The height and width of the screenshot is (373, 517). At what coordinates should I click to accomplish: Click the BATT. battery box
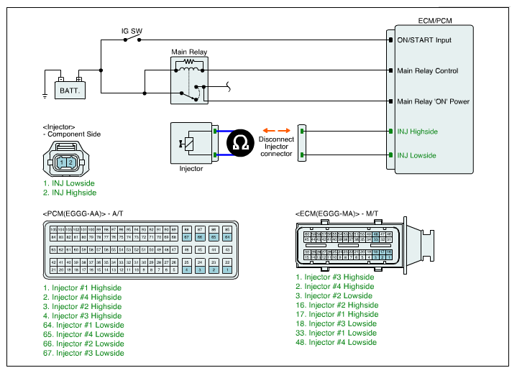coord(70,90)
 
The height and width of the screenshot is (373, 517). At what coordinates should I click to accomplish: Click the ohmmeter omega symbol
coord(239,143)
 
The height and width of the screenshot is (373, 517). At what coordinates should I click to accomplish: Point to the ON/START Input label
coord(424,40)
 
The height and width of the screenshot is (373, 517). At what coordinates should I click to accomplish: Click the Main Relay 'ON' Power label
coord(433,101)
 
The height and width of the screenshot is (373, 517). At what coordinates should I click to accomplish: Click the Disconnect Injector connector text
coord(275,147)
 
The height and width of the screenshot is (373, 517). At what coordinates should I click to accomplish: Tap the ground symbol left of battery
coord(45,93)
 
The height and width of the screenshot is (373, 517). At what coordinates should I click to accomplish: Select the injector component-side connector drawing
coord(65,161)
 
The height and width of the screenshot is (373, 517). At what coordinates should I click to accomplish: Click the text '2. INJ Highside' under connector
coord(69,193)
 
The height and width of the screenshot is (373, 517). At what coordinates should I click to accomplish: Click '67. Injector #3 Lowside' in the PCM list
coord(83,353)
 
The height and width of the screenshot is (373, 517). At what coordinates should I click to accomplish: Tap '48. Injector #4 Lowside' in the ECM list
coord(336,342)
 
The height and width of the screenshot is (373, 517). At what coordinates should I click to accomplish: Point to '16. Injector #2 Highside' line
coord(337,305)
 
